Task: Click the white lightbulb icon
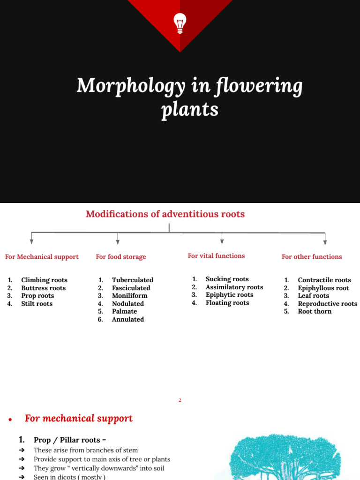(180, 23)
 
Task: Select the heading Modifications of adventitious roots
(165, 214)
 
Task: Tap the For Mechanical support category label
(42, 257)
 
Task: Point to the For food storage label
(121, 257)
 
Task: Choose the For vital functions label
(216, 256)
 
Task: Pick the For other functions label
(312, 257)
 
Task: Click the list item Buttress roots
(44, 288)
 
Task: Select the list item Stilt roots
(37, 304)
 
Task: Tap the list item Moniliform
(129, 296)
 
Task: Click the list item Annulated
(128, 319)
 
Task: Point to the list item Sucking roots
(227, 279)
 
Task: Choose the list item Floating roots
(227, 303)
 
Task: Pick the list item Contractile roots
(324, 280)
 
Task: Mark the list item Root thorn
(315, 311)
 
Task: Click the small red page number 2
(180, 400)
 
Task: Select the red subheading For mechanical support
(79, 419)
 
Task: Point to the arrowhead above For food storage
(118, 242)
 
